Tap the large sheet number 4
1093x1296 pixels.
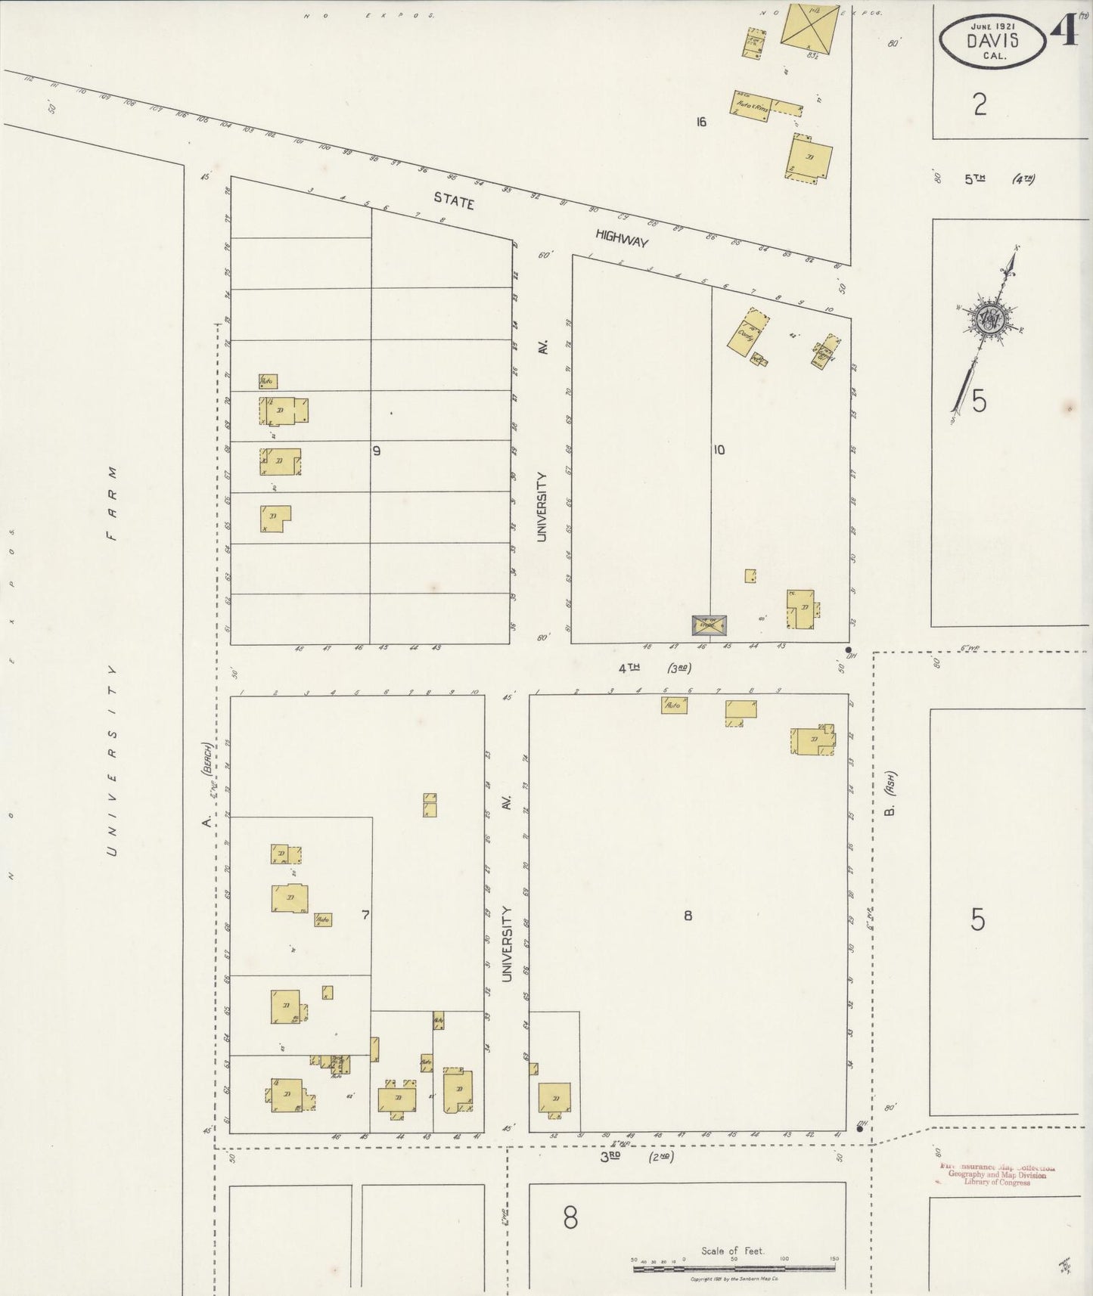coord(1064,30)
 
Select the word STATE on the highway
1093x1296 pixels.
coord(454,202)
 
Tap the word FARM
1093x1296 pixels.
coord(112,503)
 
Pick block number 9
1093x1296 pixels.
coord(376,451)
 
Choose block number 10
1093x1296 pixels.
coord(719,450)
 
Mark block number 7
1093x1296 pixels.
coord(365,915)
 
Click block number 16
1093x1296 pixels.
coord(701,122)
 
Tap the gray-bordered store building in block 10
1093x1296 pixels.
coord(710,625)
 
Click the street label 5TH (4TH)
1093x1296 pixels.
coord(998,179)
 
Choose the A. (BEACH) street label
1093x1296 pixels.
coord(208,786)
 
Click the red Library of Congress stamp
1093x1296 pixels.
coord(997,1174)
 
